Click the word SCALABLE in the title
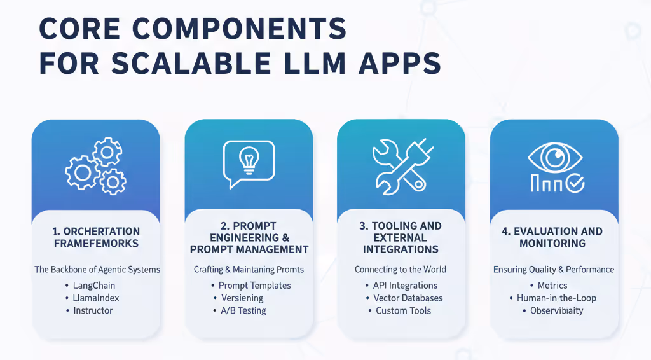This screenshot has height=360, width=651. click(x=207, y=64)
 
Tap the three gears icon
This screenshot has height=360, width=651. click(x=96, y=167)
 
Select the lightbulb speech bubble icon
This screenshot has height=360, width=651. click(x=249, y=163)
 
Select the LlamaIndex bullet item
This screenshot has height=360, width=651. click(x=96, y=298)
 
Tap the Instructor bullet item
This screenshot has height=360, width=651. click(x=93, y=310)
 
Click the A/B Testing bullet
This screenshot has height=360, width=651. click(x=242, y=310)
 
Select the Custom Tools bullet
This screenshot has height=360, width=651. click(x=403, y=310)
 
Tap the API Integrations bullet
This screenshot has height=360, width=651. click(x=401, y=286)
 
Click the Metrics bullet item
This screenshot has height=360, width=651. click(x=552, y=286)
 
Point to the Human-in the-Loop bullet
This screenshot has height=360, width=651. click(x=556, y=298)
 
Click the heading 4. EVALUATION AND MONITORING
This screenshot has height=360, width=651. click(x=552, y=237)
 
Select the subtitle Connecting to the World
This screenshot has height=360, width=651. click(x=401, y=269)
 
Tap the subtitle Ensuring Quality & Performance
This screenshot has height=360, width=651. click(x=554, y=269)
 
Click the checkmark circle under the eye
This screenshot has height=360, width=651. click(x=575, y=184)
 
